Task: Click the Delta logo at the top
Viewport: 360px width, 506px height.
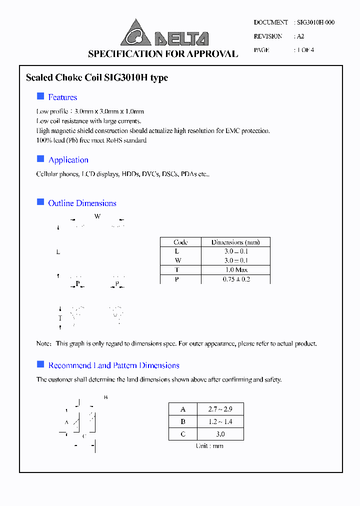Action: (x=164, y=34)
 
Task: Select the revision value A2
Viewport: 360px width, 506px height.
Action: (x=300, y=36)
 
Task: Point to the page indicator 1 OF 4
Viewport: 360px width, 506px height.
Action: (x=305, y=50)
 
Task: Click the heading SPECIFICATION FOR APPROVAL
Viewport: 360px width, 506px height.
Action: (x=163, y=54)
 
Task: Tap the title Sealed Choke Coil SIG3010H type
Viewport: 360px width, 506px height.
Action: (x=96, y=77)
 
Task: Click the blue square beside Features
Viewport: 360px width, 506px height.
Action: (x=40, y=96)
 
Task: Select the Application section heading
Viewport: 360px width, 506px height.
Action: (x=68, y=160)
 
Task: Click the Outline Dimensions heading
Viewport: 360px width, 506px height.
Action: (x=82, y=203)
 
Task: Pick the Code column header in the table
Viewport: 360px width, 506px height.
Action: (x=180, y=242)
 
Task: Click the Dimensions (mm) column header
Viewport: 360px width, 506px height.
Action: (x=235, y=242)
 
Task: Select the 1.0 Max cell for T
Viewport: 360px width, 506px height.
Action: (x=235, y=270)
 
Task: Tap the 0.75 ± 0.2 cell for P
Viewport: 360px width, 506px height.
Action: (x=235, y=279)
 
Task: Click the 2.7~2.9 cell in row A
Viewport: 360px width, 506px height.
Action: (x=220, y=409)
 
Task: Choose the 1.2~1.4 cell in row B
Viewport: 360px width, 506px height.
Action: (x=220, y=421)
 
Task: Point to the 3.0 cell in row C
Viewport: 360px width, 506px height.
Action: (x=220, y=434)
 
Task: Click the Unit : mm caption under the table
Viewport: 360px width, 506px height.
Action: (x=209, y=445)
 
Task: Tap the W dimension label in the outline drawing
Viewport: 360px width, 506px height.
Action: (x=97, y=216)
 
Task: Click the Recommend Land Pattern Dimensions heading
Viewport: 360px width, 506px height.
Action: (x=113, y=365)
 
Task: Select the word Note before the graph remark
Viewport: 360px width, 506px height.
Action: (x=43, y=343)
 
